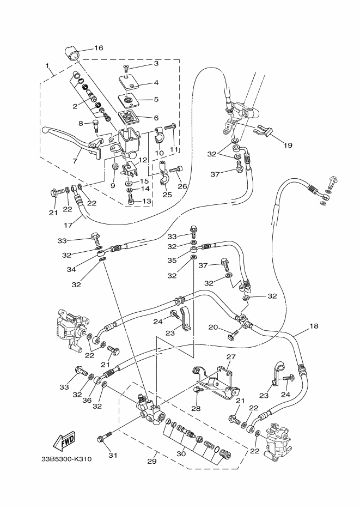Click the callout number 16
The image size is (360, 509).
click(99, 48)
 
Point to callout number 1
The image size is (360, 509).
click(48, 68)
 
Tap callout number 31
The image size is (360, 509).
click(112, 456)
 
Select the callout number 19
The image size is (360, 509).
click(288, 146)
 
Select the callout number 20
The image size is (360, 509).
click(213, 327)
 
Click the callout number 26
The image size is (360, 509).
click(182, 186)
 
